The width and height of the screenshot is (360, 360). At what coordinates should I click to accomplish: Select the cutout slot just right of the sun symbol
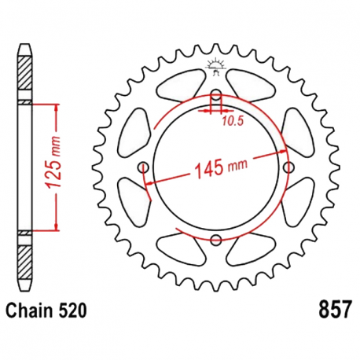[246, 81]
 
